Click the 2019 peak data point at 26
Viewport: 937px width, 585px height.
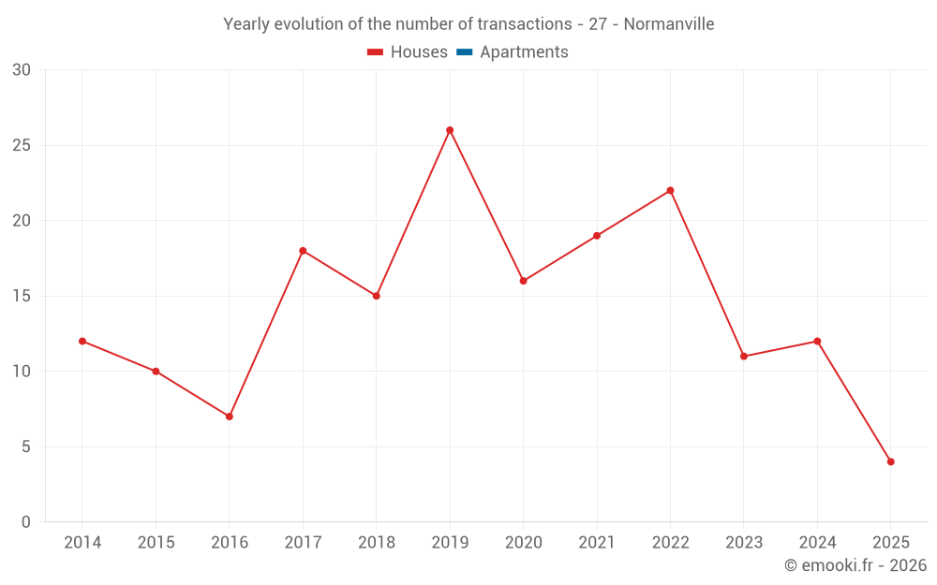[450, 130]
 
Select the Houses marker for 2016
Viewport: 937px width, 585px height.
[230, 417]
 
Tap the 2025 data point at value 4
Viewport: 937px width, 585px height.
[891, 461]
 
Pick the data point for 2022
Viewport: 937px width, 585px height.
[670, 190]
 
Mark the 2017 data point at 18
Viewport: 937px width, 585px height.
[303, 251]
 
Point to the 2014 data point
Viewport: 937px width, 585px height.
[82, 341]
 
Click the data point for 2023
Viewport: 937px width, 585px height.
[744, 357]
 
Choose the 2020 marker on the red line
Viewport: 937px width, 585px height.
[523, 281]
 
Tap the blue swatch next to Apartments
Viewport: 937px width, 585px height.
[464, 52]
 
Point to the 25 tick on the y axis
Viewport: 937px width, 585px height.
[21, 145]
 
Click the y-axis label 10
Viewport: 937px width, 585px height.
[21, 372]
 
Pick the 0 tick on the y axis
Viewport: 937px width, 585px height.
[25, 522]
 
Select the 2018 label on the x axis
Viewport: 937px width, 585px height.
[376, 543]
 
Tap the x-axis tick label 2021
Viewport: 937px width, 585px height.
[597, 543]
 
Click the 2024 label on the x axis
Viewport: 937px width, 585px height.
[817, 543]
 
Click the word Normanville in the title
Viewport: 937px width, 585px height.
[668, 24]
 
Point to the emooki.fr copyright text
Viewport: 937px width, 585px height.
[855, 565]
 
